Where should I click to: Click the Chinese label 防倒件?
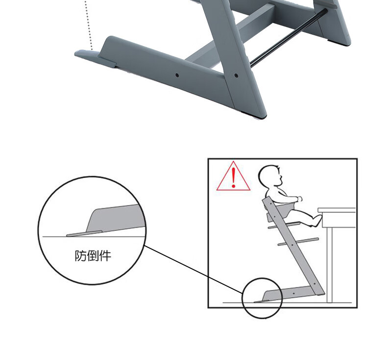93,256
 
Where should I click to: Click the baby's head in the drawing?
270,176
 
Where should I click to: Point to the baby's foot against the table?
317,220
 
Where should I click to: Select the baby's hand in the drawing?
299,199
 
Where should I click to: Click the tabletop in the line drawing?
337,210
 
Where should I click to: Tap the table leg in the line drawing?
330,265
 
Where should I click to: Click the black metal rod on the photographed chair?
288,38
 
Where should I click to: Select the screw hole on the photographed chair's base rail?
177,75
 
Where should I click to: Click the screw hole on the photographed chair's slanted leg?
236,76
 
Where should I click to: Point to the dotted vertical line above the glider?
89,25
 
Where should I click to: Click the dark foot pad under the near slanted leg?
254,115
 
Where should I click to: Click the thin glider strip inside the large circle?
84,233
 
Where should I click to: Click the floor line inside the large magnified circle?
94,237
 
